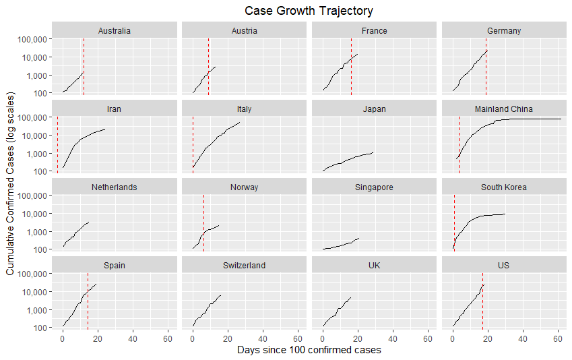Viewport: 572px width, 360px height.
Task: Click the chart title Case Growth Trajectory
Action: [309, 11]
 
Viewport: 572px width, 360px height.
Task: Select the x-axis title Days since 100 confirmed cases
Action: [309, 350]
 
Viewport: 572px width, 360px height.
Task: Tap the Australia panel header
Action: [114, 30]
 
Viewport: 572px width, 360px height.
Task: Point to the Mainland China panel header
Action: [504, 109]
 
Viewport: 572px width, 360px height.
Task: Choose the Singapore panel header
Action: [374, 187]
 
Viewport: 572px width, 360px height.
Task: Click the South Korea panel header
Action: [504, 187]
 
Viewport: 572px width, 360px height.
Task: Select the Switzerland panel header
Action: [244, 265]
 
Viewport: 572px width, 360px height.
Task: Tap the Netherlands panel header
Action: [114, 187]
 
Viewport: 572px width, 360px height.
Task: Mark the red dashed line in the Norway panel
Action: [203, 216]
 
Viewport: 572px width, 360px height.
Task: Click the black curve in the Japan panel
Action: [350, 159]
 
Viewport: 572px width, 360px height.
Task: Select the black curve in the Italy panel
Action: [216, 138]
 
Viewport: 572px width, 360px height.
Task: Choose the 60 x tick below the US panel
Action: [557, 338]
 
